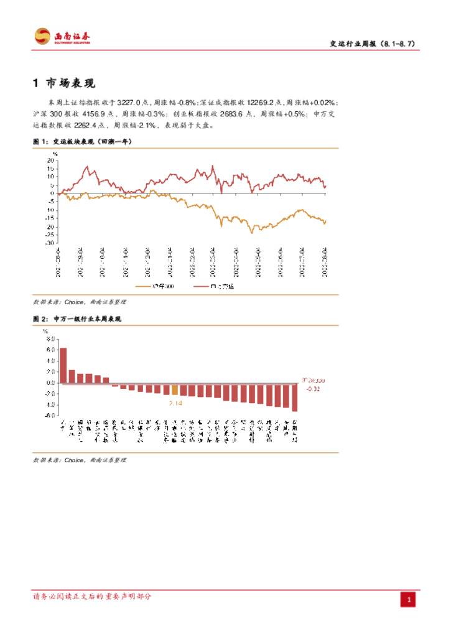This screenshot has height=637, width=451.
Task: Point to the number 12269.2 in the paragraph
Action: point(261,101)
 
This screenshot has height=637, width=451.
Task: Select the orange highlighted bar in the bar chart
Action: point(175,390)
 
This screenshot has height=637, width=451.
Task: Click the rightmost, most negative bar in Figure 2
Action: point(295,398)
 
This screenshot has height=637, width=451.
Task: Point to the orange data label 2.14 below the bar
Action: point(176,403)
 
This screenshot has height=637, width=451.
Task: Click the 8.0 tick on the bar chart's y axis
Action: point(50,338)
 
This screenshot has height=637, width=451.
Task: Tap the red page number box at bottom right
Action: point(409,600)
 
